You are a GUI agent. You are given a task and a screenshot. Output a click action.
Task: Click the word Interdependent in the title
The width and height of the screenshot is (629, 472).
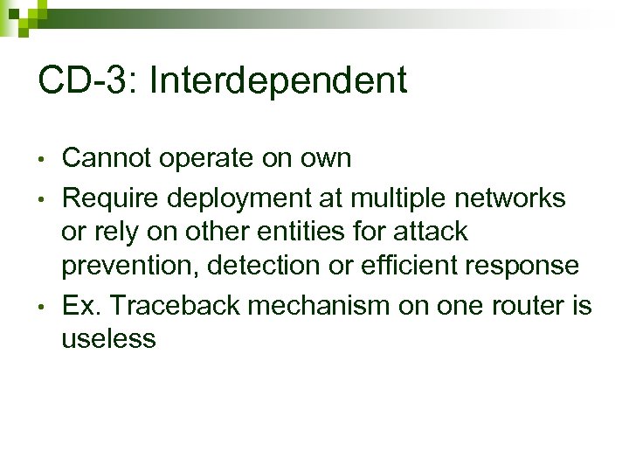coord(279,81)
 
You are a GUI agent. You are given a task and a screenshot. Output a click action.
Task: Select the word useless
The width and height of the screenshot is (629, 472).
coord(108,339)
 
